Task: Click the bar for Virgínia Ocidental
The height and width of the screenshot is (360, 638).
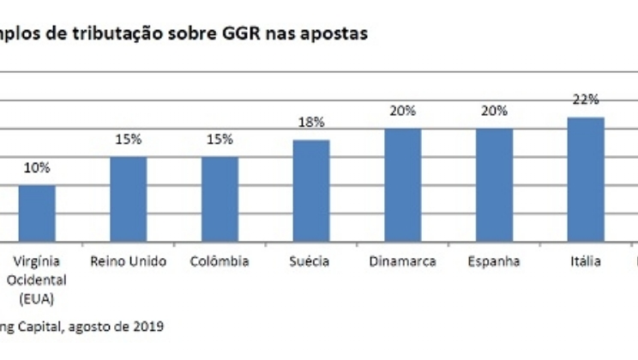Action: click(37, 213)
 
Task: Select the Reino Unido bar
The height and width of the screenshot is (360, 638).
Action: click(128, 199)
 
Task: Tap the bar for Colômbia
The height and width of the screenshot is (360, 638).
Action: click(220, 199)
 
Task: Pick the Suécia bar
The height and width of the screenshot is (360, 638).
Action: click(311, 190)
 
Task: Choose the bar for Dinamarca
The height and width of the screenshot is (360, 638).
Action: click(402, 184)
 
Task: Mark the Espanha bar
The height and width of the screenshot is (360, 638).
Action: click(494, 184)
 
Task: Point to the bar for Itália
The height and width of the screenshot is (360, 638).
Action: click(586, 179)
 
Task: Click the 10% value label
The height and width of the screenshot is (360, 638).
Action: click(37, 168)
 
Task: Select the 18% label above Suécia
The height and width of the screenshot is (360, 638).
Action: click(311, 123)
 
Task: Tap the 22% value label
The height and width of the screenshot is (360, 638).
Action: click(586, 99)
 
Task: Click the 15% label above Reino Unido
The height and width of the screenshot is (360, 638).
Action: click(128, 140)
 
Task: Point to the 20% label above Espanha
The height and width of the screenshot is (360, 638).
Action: click(494, 111)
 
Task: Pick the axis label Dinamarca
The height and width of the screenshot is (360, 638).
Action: click(402, 261)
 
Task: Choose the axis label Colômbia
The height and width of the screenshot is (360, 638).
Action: click(220, 261)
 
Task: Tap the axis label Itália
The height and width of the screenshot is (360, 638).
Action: click(586, 261)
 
